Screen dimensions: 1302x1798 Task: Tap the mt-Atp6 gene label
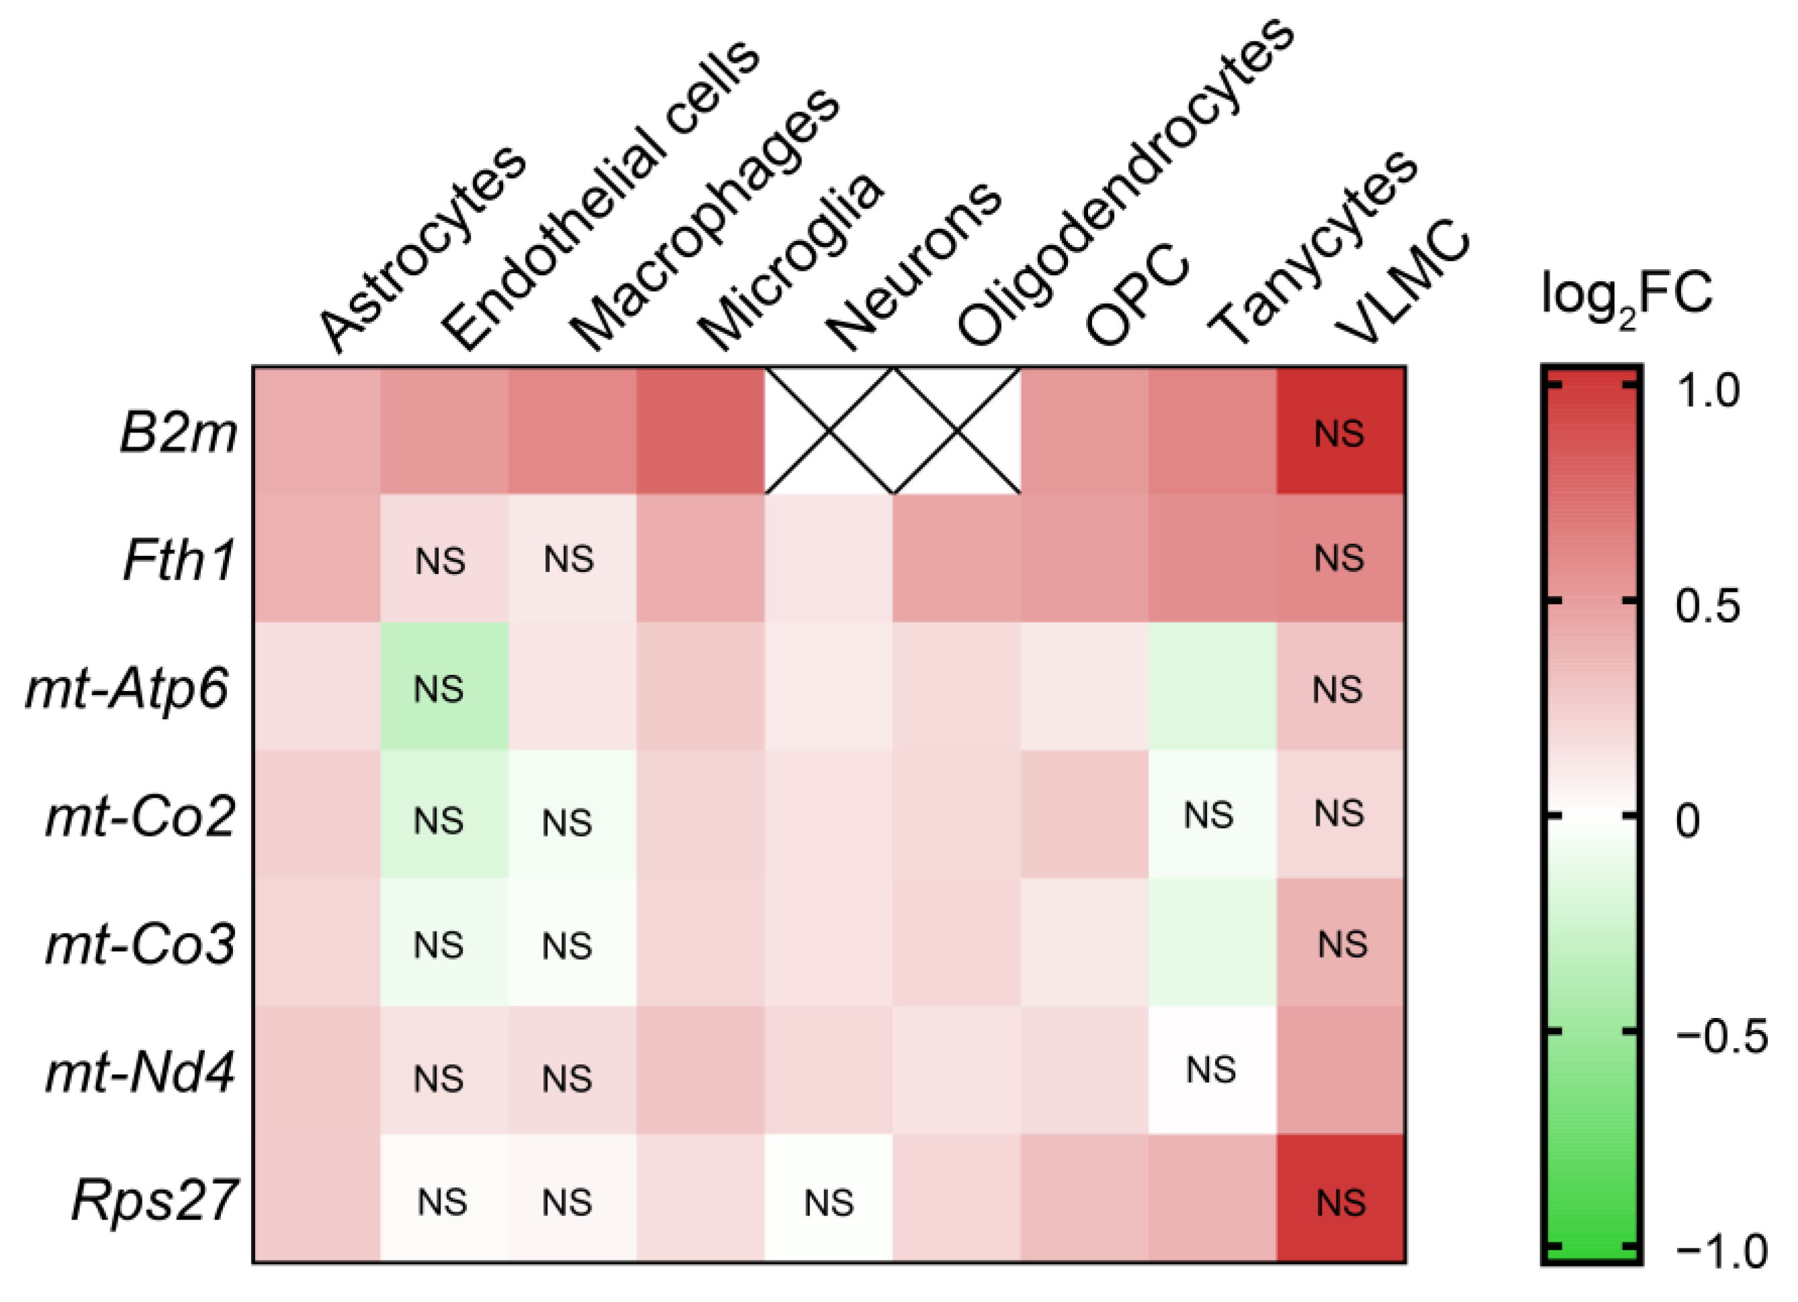128,690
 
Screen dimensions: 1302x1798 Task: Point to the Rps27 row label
154,1201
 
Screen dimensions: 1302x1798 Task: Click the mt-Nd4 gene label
140,1074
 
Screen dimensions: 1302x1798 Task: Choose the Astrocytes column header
420,250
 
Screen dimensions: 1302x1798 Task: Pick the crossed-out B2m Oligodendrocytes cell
958,431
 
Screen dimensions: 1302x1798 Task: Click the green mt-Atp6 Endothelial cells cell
444,687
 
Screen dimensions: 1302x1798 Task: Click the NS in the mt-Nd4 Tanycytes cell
1210,1070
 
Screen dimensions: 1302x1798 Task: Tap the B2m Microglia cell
701,431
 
